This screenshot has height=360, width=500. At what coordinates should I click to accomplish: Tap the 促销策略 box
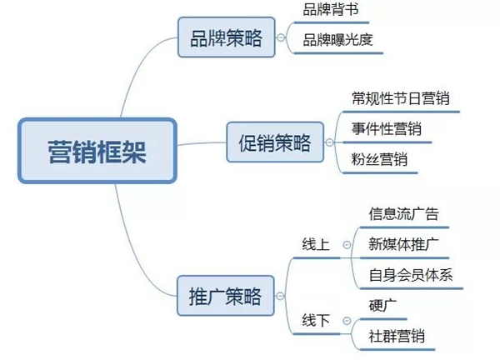pos(269,141)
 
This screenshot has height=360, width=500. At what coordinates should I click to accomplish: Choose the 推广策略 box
pos(226,296)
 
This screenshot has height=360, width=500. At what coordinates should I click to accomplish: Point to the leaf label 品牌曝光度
pos(336,40)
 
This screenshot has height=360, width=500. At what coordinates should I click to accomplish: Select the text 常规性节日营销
pos(400,98)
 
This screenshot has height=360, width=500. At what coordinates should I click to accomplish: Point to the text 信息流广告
pos(403,213)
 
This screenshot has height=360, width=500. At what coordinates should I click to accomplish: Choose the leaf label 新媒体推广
pos(403,244)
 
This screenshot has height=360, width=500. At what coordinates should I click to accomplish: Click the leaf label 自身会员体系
pos(410,275)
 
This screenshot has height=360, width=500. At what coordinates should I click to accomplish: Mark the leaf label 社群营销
pos(397,336)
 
